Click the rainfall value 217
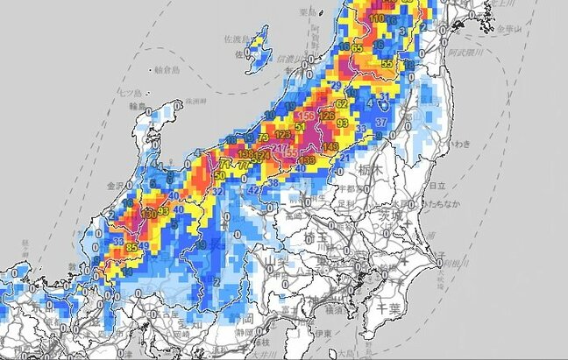coord(279,147)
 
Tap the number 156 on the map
coord(307,116)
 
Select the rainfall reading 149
coord(331,146)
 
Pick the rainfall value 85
coord(132,249)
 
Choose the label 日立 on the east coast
coord(442,186)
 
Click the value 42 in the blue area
coord(253,188)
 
